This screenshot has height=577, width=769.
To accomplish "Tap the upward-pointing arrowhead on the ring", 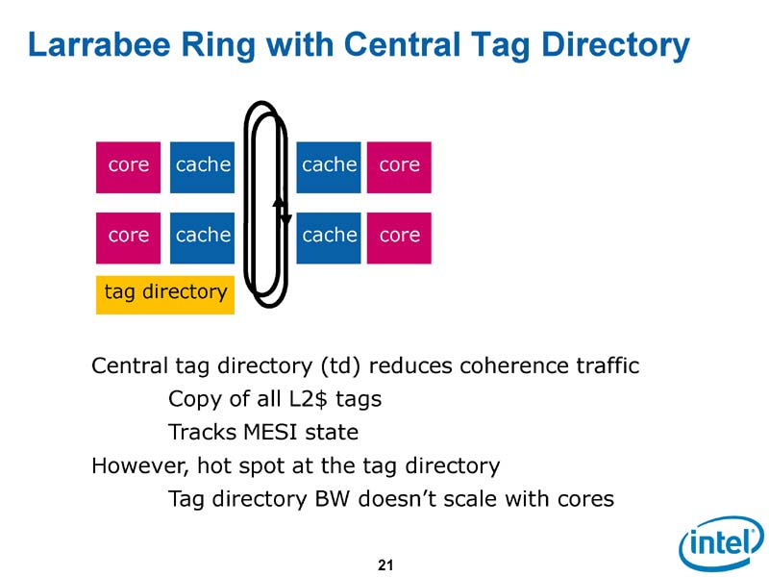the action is click(277, 203).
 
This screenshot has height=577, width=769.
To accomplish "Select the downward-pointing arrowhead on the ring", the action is click(285, 219).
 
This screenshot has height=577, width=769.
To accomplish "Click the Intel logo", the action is click(719, 545).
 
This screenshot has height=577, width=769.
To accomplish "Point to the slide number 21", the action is click(384, 564).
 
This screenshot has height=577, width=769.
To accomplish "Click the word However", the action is click(136, 467).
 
